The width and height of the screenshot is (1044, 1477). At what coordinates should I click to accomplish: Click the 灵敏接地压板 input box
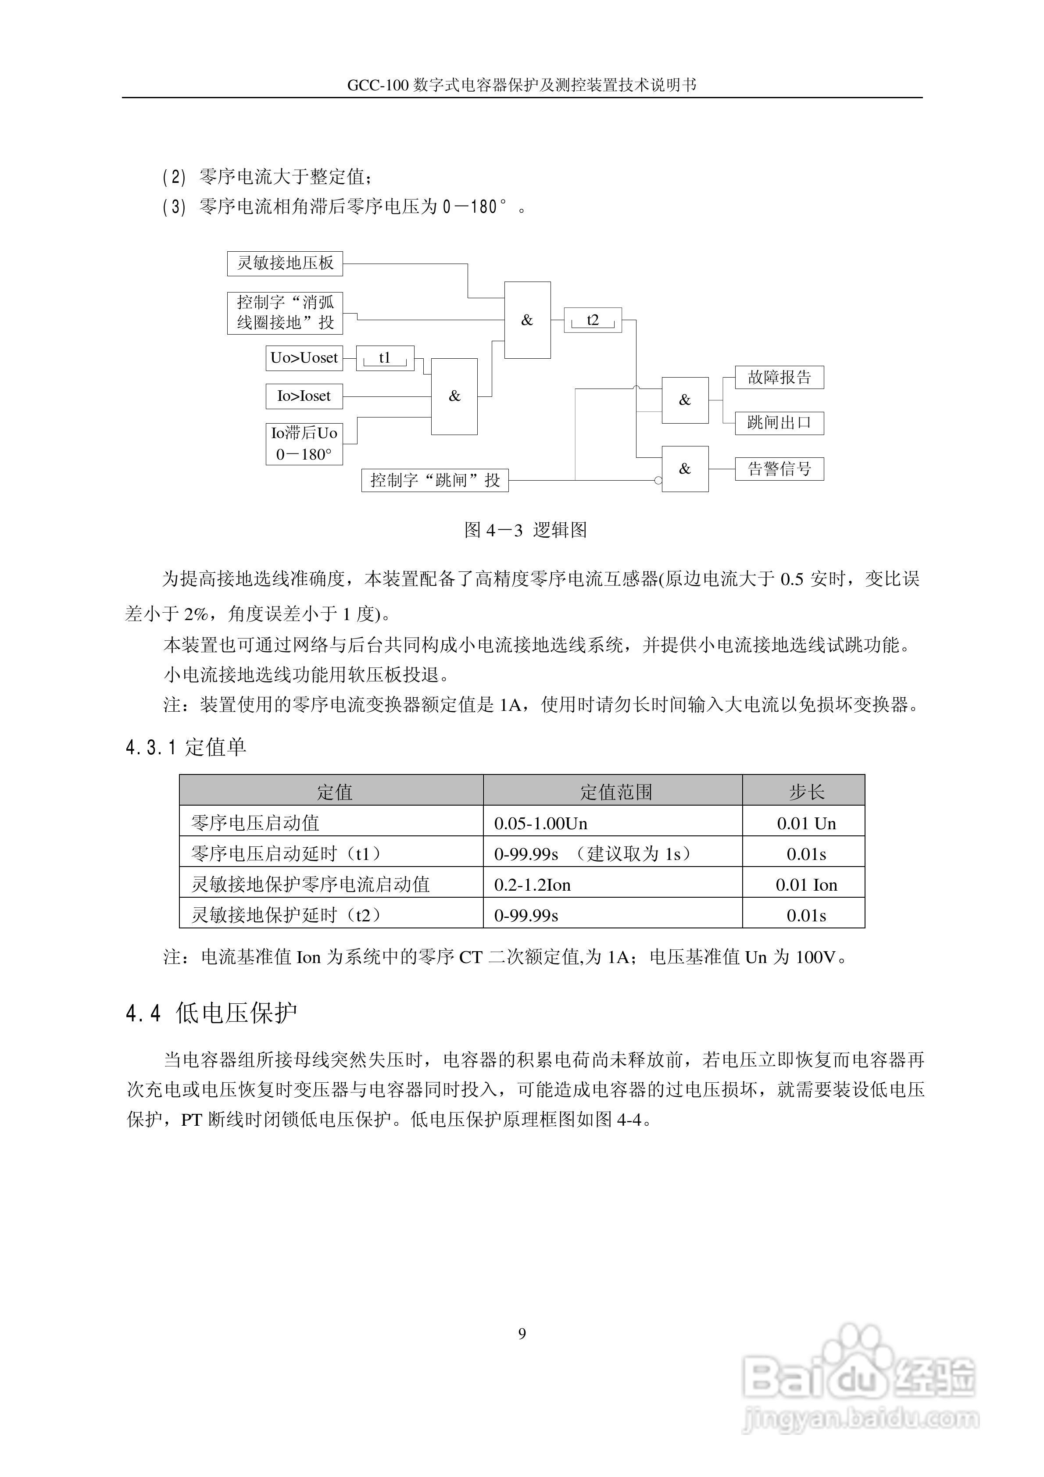coord(285,263)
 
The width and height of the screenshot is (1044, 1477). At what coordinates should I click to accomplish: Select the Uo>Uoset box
coord(304,358)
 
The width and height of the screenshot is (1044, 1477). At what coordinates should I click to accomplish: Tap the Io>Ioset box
coord(304,396)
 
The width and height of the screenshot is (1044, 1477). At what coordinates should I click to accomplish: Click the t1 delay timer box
coord(385,358)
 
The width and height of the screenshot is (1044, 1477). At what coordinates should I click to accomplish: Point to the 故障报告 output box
coord(779,378)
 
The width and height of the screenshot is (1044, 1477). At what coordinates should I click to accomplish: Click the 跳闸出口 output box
coord(779,423)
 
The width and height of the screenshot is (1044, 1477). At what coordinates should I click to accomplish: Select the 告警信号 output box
coord(779,469)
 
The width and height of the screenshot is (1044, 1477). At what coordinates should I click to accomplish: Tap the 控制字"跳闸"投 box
coord(435,480)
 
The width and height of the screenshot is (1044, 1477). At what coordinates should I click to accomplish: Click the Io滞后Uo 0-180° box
coord(304,444)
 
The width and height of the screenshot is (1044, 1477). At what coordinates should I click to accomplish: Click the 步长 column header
coord(807,792)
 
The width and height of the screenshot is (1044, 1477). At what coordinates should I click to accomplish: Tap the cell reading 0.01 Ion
coord(807,885)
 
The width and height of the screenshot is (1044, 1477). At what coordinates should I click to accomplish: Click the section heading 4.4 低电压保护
coord(212,1013)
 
